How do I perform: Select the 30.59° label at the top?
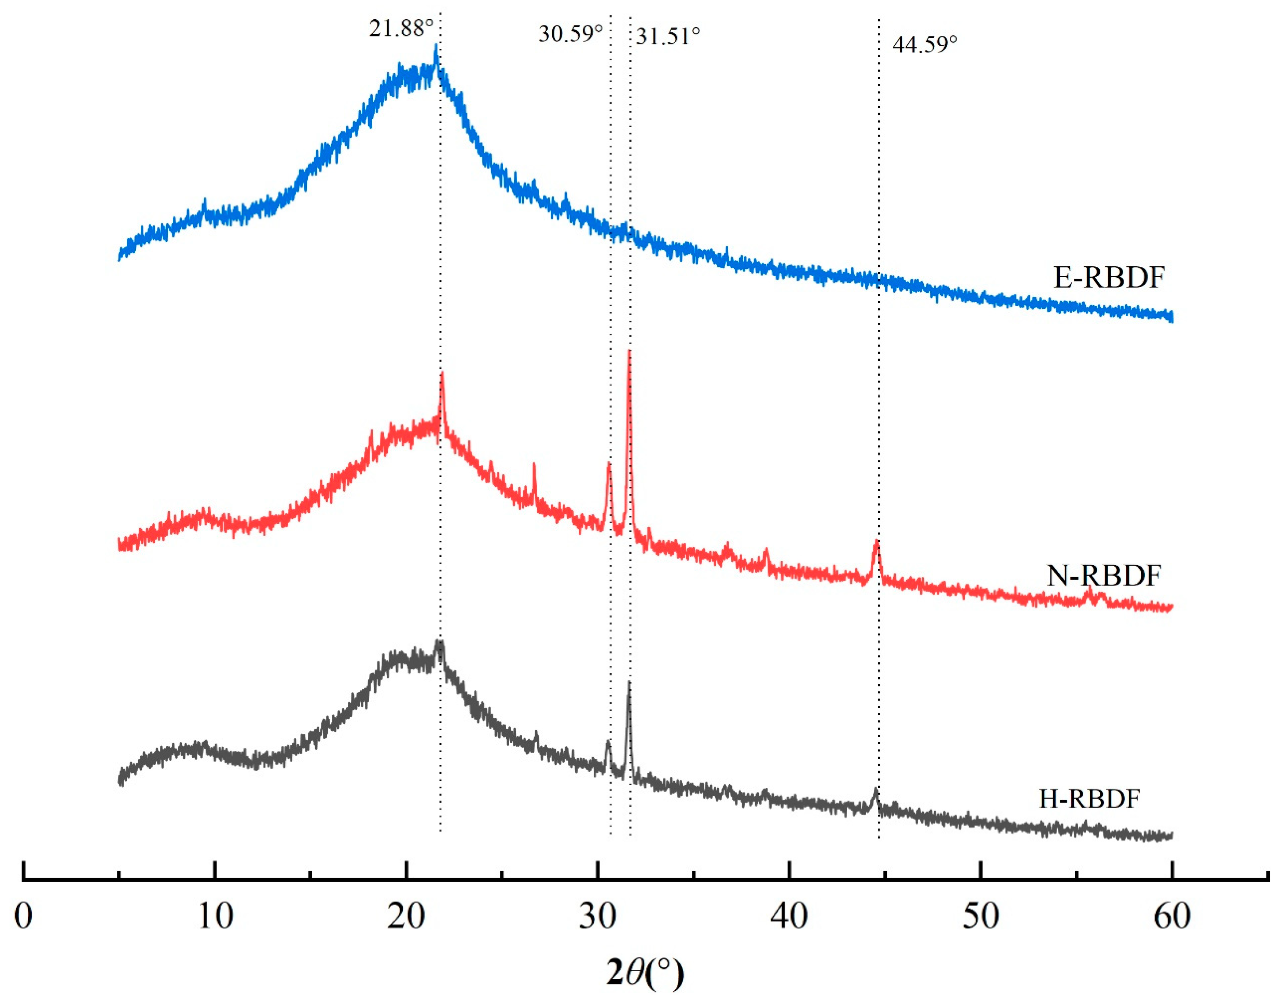pos(570,34)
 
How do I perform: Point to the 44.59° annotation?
pos(925,44)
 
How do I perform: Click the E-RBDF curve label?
pos(1108,278)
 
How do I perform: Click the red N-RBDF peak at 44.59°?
pos(876,541)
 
